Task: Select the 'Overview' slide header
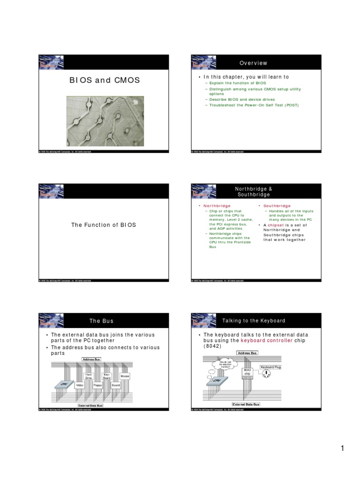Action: [253, 63]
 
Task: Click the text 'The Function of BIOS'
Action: [104, 225]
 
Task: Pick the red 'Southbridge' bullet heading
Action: [277, 206]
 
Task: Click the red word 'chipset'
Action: [276, 225]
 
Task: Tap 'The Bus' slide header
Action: [102, 321]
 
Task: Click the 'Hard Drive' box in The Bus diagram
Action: [89, 376]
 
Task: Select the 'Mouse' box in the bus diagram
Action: [124, 376]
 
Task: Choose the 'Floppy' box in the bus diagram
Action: [97, 385]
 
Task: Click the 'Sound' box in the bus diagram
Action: [115, 385]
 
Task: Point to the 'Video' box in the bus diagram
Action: [80, 385]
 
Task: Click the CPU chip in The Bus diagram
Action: [64, 383]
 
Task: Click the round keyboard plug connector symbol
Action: [267, 374]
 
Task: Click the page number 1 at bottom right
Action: [343, 449]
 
